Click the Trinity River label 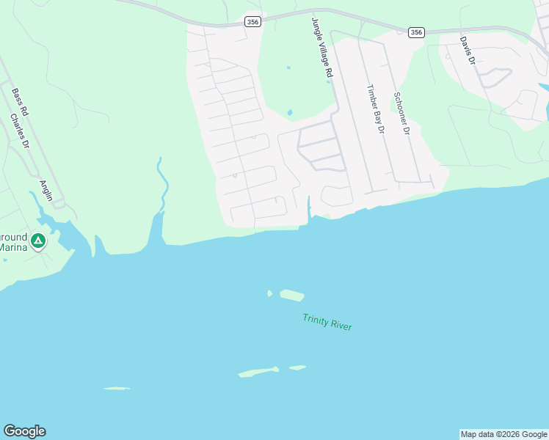coord(327,322)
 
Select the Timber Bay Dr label coord(376,109)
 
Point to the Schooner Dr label coord(400,114)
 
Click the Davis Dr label coord(468,51)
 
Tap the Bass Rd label coord(20,103)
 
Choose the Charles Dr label coord(20,131)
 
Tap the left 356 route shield coord(252,23)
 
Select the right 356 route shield coord(416,32)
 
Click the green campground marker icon coord(38,240)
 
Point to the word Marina coord(12,247)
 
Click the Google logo coord(24,431)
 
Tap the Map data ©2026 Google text coord(503,434)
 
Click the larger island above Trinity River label coord(291,295)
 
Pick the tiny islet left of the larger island coord(269,293)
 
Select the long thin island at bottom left coord(116,388)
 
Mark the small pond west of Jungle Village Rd coord(291,113)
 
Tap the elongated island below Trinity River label coord(258,373)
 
